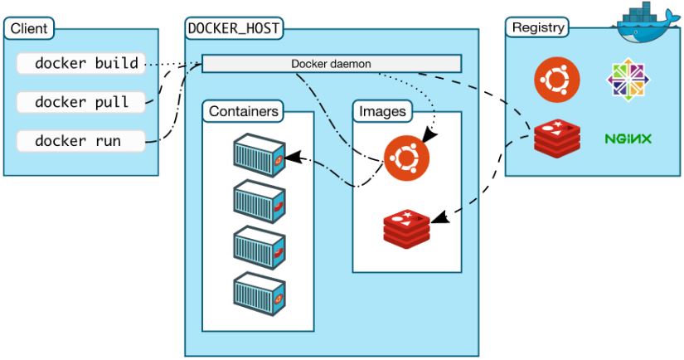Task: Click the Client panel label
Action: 28,29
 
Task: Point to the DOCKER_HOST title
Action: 233,29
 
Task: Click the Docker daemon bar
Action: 332,64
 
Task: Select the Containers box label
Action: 243,110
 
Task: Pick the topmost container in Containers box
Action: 260,153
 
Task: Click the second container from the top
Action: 260,200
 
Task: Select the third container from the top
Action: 260,246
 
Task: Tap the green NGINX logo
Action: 628,138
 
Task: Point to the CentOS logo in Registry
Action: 628,80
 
